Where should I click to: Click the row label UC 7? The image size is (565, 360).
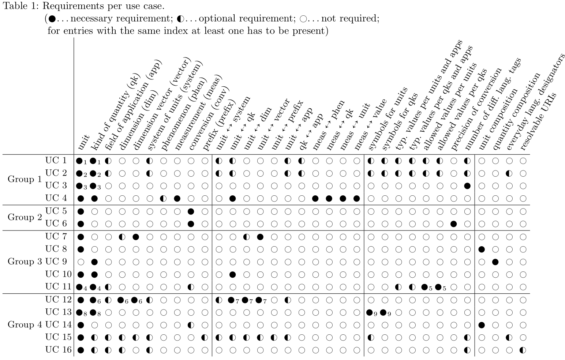(x=56, y=236)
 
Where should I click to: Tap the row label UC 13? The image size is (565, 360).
(x=56, y=312)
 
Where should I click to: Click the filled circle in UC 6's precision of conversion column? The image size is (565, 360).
(x=454, y=224)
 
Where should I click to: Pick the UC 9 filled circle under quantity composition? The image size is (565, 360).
(x=495, y=262)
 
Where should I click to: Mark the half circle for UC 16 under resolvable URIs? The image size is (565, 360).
(x=523, y=350)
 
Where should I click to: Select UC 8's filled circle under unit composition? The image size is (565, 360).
(x=482, y=249)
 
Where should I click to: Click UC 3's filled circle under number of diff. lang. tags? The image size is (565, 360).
(x=467, y=186)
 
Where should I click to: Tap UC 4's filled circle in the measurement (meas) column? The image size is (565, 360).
(x=177, y=199)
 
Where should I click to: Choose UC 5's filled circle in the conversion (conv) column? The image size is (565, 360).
(x=191, y=211)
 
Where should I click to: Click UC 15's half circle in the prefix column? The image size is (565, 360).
(x=205, y=337)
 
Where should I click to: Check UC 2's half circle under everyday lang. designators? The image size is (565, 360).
(x=509, y=173)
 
